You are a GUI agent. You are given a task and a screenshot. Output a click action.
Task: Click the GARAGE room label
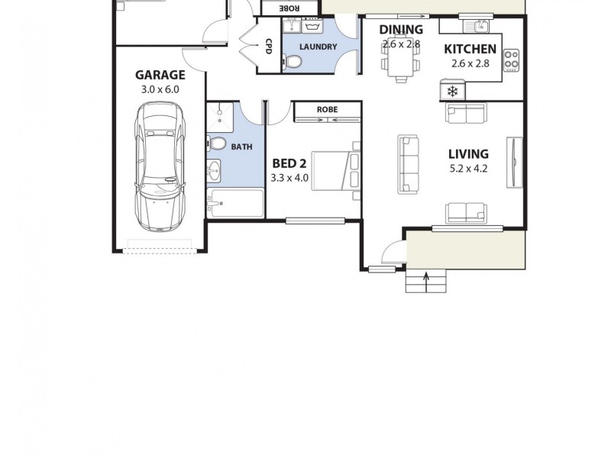160,75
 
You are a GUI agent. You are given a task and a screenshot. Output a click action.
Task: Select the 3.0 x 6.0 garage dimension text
160,89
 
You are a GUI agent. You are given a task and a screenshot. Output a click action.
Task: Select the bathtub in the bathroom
236,203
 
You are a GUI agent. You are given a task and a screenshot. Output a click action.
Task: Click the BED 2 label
289,163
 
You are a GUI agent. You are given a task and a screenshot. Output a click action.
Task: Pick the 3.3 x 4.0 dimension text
289,178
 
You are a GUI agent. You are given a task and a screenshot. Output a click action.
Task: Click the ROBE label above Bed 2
327,110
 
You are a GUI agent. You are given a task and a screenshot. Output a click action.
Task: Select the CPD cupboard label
269,45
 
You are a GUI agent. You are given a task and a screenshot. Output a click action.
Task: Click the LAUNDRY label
318,47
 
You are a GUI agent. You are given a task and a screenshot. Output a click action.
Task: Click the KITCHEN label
470,50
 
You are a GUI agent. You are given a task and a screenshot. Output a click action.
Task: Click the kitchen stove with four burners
511,60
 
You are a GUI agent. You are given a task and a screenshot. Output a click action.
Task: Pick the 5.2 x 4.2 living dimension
468,169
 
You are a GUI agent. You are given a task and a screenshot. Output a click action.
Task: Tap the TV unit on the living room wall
517,161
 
